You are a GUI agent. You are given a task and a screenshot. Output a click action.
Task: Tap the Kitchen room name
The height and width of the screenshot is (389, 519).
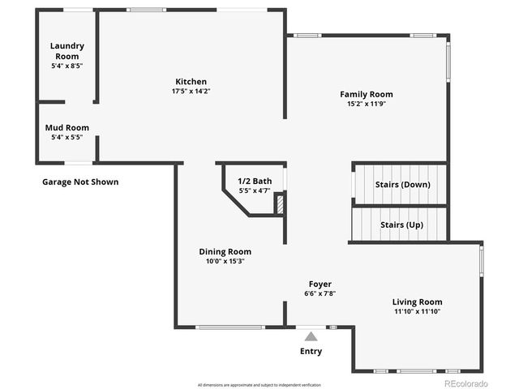(191, 82)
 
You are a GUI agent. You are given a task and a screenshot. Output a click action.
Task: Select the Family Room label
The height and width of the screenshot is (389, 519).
(365, 95)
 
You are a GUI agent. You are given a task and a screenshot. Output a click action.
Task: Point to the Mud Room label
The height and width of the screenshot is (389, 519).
(66, 128)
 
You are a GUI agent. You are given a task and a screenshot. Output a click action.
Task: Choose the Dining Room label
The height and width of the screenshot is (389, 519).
(225, 251)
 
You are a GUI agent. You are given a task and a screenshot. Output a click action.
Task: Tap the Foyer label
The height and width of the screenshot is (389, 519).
(318, 284)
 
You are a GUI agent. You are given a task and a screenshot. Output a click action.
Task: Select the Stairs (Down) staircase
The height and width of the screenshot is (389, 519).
(400, 184)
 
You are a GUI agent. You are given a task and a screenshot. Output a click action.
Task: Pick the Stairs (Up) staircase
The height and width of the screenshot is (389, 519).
(400, 224)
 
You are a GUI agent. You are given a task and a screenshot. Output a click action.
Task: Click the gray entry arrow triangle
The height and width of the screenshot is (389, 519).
(311, 336)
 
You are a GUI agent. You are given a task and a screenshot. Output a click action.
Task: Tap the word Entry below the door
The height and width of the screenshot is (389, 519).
(311, 352)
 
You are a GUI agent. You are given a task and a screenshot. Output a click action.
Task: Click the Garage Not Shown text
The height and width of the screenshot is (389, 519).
(80, 182)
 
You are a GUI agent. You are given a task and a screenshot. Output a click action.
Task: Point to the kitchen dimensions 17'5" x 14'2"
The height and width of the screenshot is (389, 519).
(191, 91)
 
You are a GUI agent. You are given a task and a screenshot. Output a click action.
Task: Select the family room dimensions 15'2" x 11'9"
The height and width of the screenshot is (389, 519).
(365, 104)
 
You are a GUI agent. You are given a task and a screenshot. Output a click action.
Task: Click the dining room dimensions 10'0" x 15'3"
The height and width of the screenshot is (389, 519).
(225, 261)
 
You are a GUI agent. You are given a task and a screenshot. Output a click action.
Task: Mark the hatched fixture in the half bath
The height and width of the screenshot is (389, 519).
(280, 203)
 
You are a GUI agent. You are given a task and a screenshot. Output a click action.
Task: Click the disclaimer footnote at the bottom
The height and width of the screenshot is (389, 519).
(259, 384)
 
